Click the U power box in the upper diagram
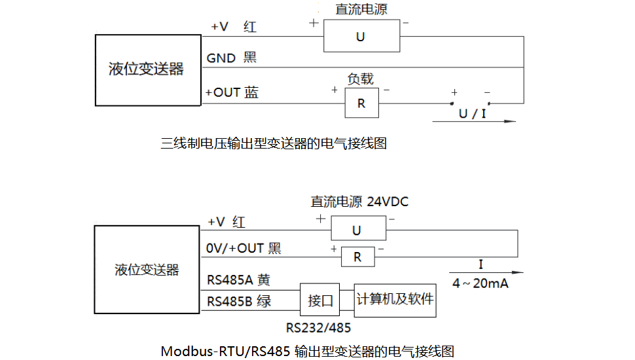click(361, 36)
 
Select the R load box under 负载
click(361, 103)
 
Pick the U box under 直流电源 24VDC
click(357, 230)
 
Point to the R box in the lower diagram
click(357, 257)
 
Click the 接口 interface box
click(321, 300)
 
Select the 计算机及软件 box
click(395, 299)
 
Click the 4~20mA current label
click(481, 283)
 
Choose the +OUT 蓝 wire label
click(232, 92)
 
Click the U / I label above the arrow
click(473, 113)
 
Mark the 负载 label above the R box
click(360, 79)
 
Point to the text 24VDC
click(388, 202)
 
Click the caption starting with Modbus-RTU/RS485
click(307, 351)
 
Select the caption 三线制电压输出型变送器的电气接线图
click(274, 143)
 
